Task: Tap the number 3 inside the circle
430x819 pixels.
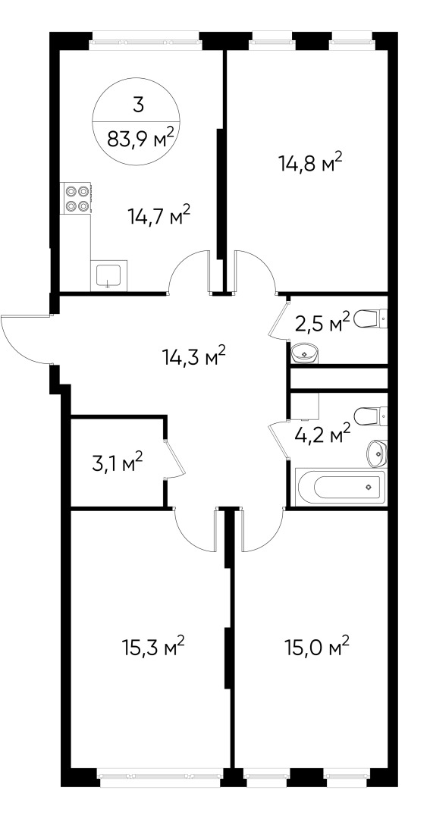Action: click(x=138, y=105)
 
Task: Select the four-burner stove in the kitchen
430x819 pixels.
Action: click(x=76, y=199)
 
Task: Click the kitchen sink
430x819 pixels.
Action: click(x=108, y=275)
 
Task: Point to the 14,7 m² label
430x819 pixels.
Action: click(x=159, y=214)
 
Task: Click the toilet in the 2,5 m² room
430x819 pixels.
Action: click(x=370, y=318)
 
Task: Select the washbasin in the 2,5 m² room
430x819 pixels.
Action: click(x=305, y=353)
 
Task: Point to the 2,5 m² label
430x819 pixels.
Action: click(x=322, y=325)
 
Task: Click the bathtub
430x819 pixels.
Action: click(x=341, y=488)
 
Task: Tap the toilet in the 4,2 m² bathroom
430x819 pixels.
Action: click(x=370, y=417)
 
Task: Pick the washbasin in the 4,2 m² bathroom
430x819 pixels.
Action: click(x=377, y=453)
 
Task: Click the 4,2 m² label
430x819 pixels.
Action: click(x=322, y=434)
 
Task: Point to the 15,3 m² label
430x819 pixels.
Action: click(x=152, y=648)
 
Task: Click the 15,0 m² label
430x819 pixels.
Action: click(x=316, y=648)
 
